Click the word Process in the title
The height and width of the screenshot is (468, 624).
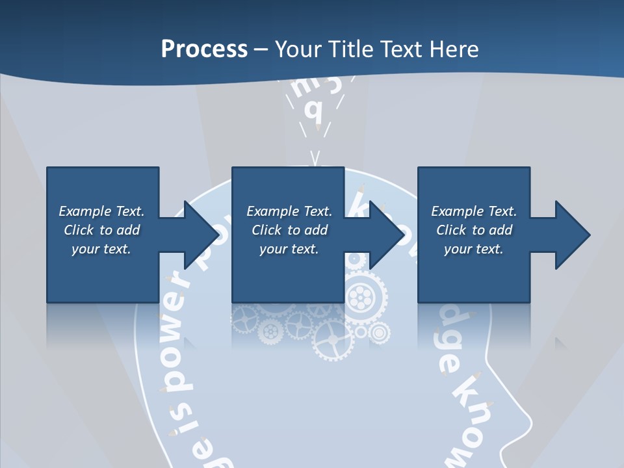(204, 49)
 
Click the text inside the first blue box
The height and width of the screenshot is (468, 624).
(101, 230)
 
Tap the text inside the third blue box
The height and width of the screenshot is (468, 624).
(474, 230)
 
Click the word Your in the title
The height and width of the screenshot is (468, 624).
(296, 49)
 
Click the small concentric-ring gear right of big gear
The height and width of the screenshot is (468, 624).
(378, 333)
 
